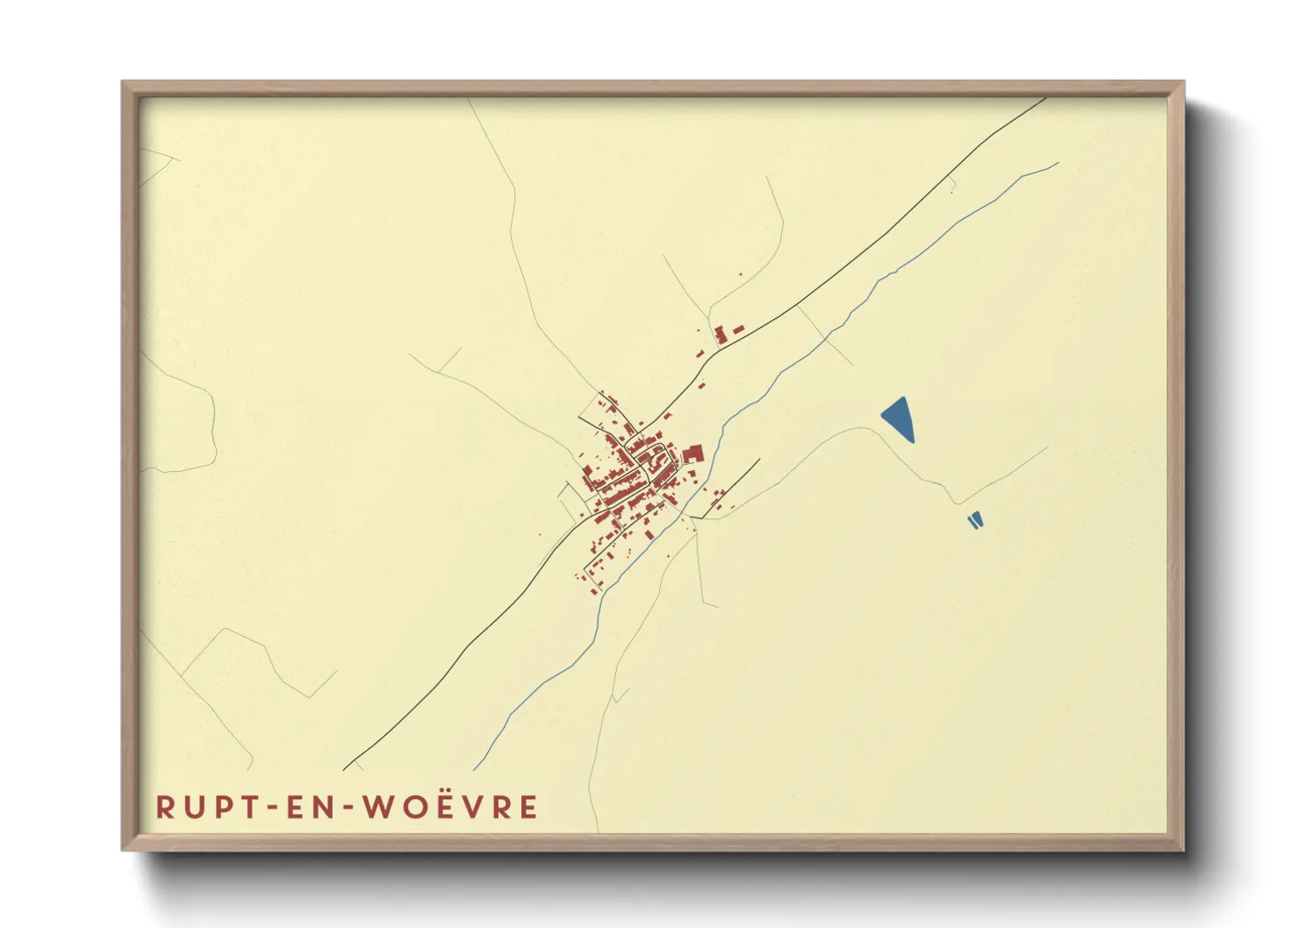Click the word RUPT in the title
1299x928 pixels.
tap(205, 807)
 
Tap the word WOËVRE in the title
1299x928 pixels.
tap(450, 807)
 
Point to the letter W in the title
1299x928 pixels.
tap(378, 807)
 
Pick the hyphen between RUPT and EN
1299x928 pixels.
tap(270, 808)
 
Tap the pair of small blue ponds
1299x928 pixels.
tap(974, 520)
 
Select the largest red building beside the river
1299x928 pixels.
tap(693, 454)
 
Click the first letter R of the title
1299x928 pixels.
tap(165, 807)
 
